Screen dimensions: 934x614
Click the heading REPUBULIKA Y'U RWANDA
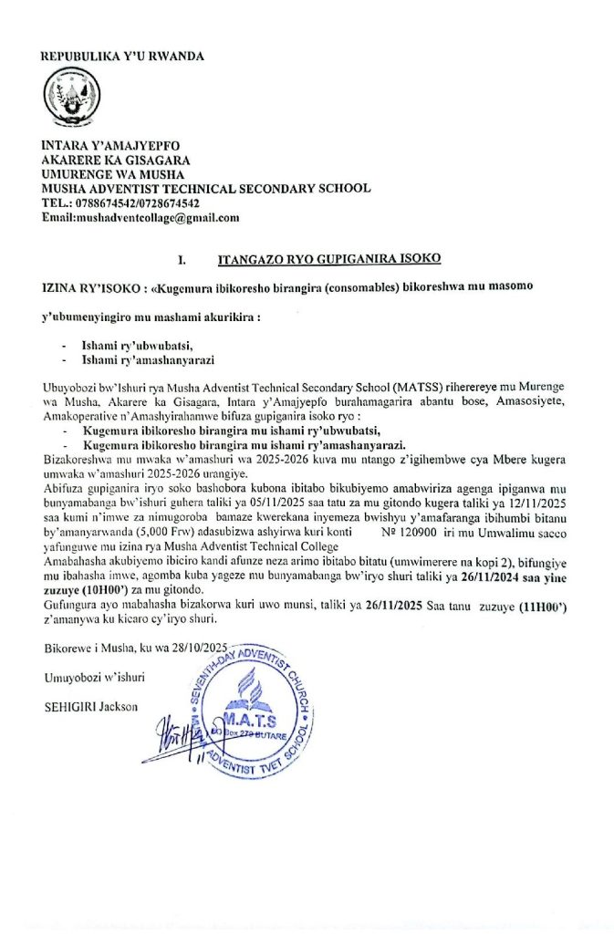point(122,56)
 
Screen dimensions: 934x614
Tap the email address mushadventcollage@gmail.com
point(140,218)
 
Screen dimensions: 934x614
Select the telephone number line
point(120,203)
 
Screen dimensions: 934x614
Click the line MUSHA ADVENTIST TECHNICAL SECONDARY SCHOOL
point(206,189)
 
